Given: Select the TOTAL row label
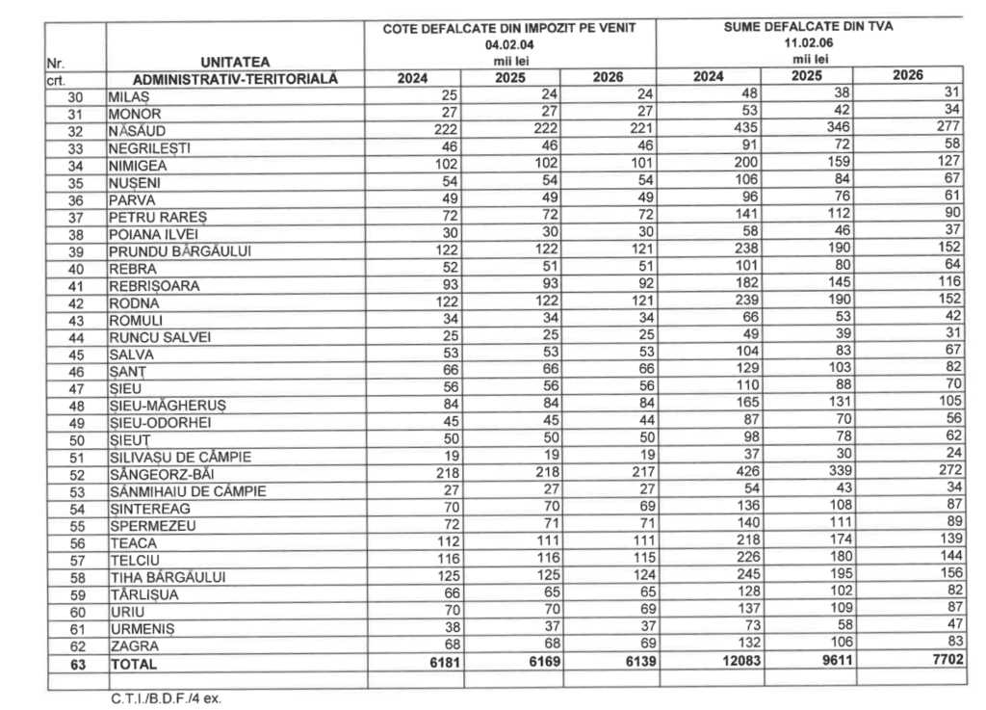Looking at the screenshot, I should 133,665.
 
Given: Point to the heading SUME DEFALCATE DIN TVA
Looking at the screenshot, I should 808,27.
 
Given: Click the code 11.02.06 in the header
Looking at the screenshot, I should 808,43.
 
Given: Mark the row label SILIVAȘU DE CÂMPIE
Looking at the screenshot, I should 172,458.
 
